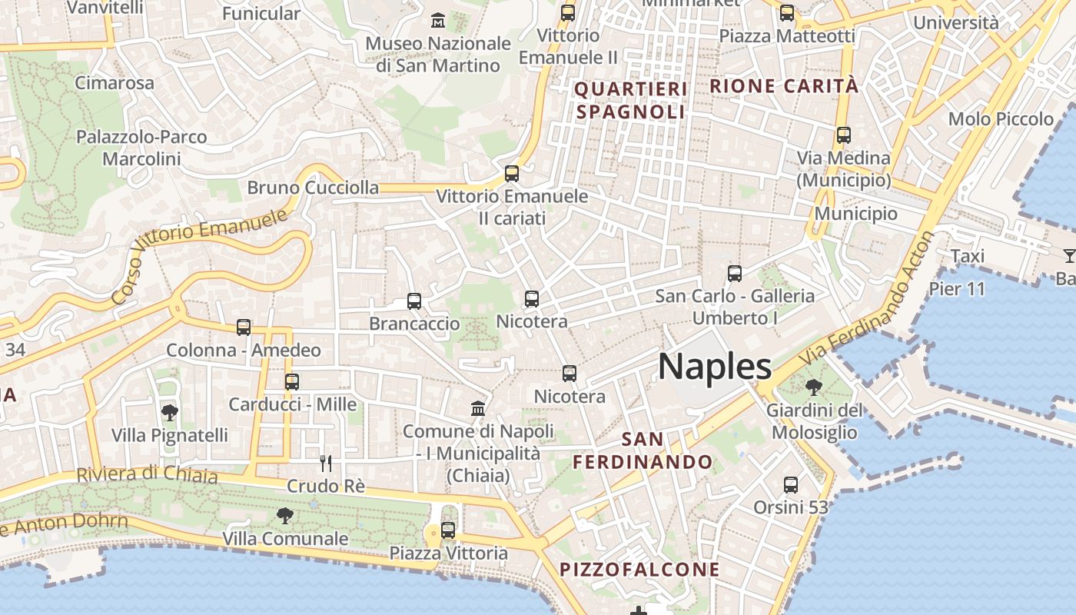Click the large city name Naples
[715, 367]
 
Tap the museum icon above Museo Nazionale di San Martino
[438, 20]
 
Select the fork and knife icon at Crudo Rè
[326, 463]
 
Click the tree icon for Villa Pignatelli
[170, 413]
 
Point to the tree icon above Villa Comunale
[285, 516]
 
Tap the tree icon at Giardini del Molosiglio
[813, 387]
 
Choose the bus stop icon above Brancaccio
[414, 301]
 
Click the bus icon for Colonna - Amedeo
[244, 327]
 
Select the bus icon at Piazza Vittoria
[448, 530]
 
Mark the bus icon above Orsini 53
[791, 485]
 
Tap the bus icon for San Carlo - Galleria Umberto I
[735, 273]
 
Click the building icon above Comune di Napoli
[478, 408]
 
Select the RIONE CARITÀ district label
[784, 86]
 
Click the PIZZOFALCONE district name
[639, 570]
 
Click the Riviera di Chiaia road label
[147, 474]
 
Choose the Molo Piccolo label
[1001, 119]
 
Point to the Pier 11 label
[956, 289]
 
